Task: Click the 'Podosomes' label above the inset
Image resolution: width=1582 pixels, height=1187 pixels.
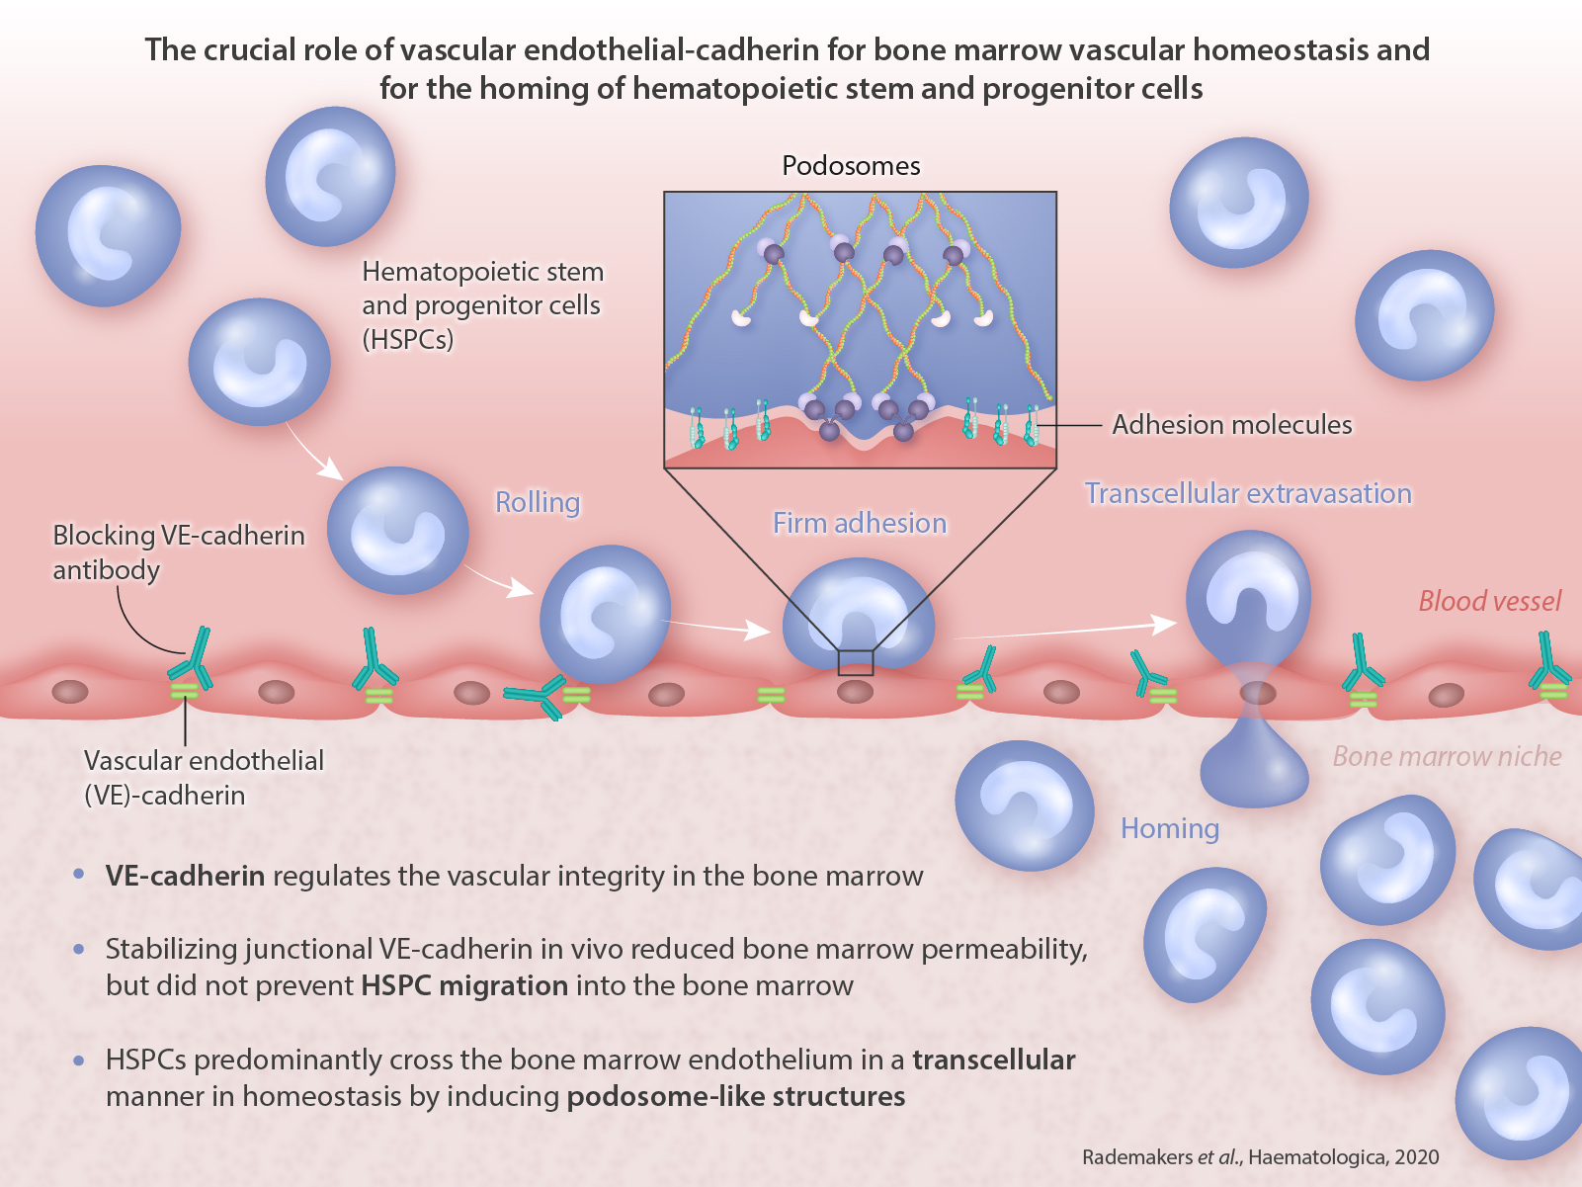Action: [x=851, y=166]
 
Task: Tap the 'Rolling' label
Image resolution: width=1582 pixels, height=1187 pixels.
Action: [x=538, y=503]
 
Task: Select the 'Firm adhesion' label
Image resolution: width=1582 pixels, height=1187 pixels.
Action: [x=859, y=523]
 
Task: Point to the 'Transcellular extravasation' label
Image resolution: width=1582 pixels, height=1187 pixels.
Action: [x=1248, y=493]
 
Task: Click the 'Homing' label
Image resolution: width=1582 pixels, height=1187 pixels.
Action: [x=1169, y=828]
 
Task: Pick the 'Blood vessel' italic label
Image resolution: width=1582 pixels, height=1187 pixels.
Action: [x=1489, y=601]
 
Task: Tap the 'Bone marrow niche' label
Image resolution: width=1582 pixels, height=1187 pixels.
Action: [x=1447, y=757]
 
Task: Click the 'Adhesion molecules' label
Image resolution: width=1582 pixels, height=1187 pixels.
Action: [x=1231, y=425]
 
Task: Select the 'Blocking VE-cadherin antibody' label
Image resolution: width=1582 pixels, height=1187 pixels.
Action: [x=178, y=551]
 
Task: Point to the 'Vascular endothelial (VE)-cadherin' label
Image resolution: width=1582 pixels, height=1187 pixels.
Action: [x=204, y=777]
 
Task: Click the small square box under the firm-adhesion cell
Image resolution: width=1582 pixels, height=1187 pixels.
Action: [x=856, y=662]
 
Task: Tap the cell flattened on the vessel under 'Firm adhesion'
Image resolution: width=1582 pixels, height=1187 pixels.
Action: [x=858, y=613]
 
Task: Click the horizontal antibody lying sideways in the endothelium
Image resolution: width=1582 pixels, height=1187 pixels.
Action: [x=537, y=697]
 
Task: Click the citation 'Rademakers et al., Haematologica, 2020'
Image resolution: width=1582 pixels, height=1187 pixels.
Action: [x=1260, y=1157]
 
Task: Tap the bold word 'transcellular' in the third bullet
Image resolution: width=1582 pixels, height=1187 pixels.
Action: [x=993, y=1060]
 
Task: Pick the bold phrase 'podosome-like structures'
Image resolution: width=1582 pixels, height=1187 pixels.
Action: [x=735, y=1096]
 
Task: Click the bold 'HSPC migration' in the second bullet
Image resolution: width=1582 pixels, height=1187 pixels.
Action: [x=464, y=985]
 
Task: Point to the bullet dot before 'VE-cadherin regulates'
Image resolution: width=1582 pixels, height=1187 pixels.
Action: [x=79, y=875]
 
